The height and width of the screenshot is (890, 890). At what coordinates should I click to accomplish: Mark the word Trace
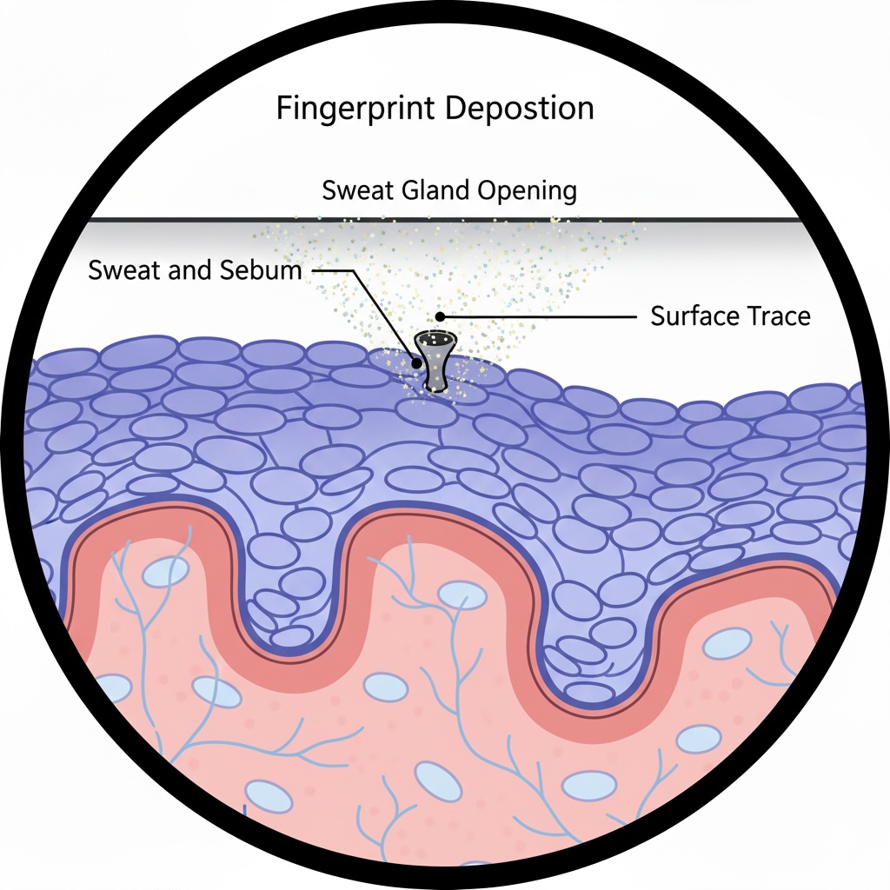pos(778,316)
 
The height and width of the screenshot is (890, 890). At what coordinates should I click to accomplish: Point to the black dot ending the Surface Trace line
pos(441,316)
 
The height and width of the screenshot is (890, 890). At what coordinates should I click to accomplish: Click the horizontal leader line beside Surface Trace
pos(539,317)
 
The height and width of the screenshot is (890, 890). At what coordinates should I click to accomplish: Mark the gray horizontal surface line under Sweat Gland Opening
pos(174,219)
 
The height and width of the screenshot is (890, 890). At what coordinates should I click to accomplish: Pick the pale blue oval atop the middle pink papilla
pos(462,594)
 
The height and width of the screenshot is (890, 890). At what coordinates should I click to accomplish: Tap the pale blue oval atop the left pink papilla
pos(165,571)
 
